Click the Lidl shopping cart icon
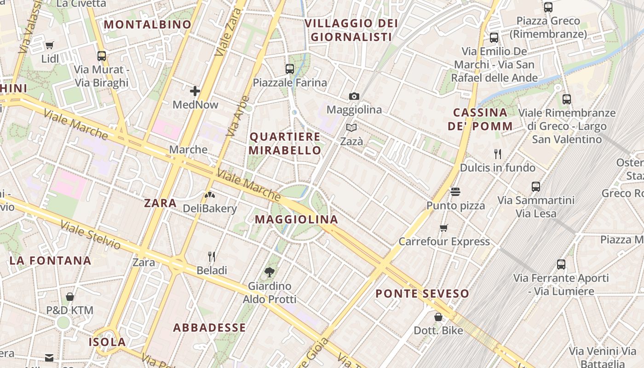tap(50, 45)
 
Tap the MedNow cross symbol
tap(195, 91)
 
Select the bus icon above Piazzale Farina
tap(289, 69)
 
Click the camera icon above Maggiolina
tap(354, 96)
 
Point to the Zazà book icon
tap(351, 128)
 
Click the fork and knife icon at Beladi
tap(212, 256)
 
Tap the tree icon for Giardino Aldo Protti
tap(270, 272)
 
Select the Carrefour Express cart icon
tap(444, 228)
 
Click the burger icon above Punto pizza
tap(455, 191)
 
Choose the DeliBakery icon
tap(210, 195)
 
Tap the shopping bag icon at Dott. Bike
tap(438, 317)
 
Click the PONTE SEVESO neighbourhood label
tap(422, 293)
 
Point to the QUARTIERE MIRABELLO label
tap(285, 144)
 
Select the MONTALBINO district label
tap(148, 24)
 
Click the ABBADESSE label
tap(209, 328)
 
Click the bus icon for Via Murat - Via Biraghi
tap(102, 56)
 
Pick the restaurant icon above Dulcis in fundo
tap(497, 154)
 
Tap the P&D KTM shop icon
tap(70, 297)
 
